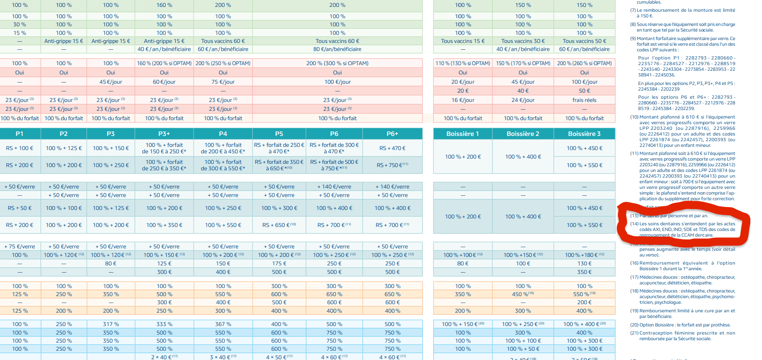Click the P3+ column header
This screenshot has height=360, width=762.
coord(164,134)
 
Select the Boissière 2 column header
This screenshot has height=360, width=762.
coord(523,134)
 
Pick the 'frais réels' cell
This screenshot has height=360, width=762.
coord(584,100)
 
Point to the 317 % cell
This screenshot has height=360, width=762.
coord(111,324)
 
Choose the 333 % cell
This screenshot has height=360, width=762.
coord(164,324)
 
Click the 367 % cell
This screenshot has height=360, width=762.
coord(223,324)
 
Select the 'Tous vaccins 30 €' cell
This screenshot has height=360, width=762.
coord(523,41)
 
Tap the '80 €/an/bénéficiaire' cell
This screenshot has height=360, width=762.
coord(337,49)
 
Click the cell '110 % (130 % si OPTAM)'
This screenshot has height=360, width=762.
coord(462,64)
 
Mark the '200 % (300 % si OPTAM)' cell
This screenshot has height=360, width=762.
coord(337,64)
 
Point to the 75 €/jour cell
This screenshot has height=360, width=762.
coord(223,82)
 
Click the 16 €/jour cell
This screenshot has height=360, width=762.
coord(462,100)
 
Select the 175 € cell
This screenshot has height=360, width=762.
coord(279,263)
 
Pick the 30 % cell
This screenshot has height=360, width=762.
coord(19,25)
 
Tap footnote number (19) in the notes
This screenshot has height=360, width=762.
coord(634,311)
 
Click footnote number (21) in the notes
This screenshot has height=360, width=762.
coord(634,333)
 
